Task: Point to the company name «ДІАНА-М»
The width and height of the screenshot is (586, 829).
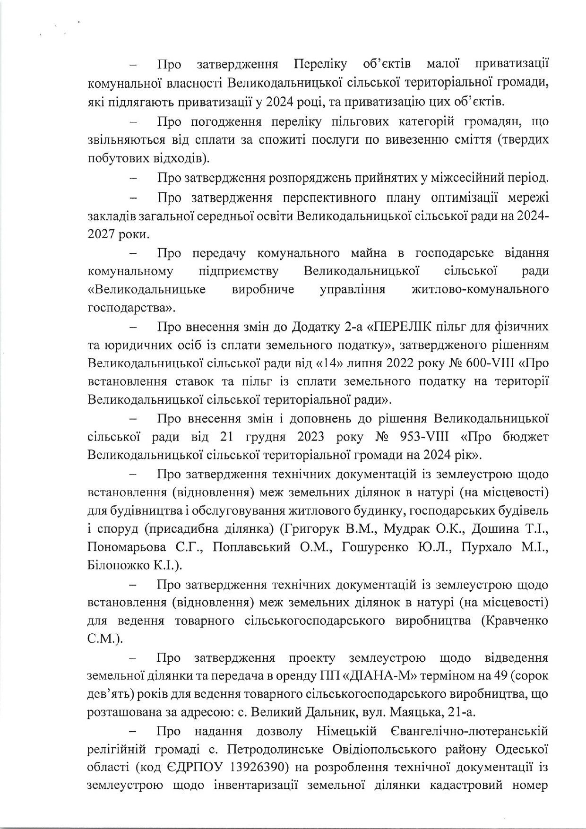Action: pyautogui.click(x=383, y=676)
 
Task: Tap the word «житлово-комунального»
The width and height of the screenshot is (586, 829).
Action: pyautogui.click(x=481, y=289)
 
